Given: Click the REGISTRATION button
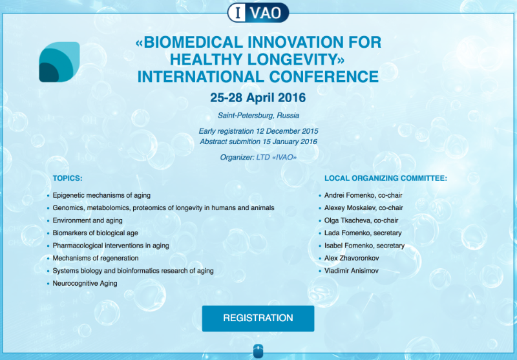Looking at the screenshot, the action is pyautogui.click(x=258, y=318).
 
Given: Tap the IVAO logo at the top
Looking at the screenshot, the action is pyautogui.click(x=258, y=12).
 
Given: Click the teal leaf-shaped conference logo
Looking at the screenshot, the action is pyautogui.click(x=59, y=62).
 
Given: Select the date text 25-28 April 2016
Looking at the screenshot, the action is pyautogui.click(x=258, y=98).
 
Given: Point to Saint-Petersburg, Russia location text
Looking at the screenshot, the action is pyautogui.click(x=258, y=116).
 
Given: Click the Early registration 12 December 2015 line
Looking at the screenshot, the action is pyautogui.click(x=258, y=131).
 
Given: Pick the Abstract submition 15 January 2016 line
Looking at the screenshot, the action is pyautogui.click(x=258, y=142).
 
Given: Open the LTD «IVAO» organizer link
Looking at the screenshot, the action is pyautogui.click(x=277, y=157).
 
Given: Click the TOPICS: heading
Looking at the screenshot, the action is pyautogui.click(x=68, y=178).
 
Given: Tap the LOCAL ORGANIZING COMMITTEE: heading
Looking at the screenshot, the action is pyautogui.click(x=386, y=178).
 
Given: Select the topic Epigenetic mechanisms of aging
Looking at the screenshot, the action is pyautogui.click(x=101, y=195).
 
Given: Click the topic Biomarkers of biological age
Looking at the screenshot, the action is pyautogui.click(x=95, y=233).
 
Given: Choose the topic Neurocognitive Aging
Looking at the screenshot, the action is pyautogui.click(x=85, y=284).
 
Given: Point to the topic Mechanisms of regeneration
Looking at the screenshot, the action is pyautogui.click(x=96, y=258).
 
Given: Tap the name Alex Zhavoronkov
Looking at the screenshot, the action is pyautogui.click(x=352, y=258).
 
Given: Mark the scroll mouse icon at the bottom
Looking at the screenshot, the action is pyautogui.click(x=258, y=351).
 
